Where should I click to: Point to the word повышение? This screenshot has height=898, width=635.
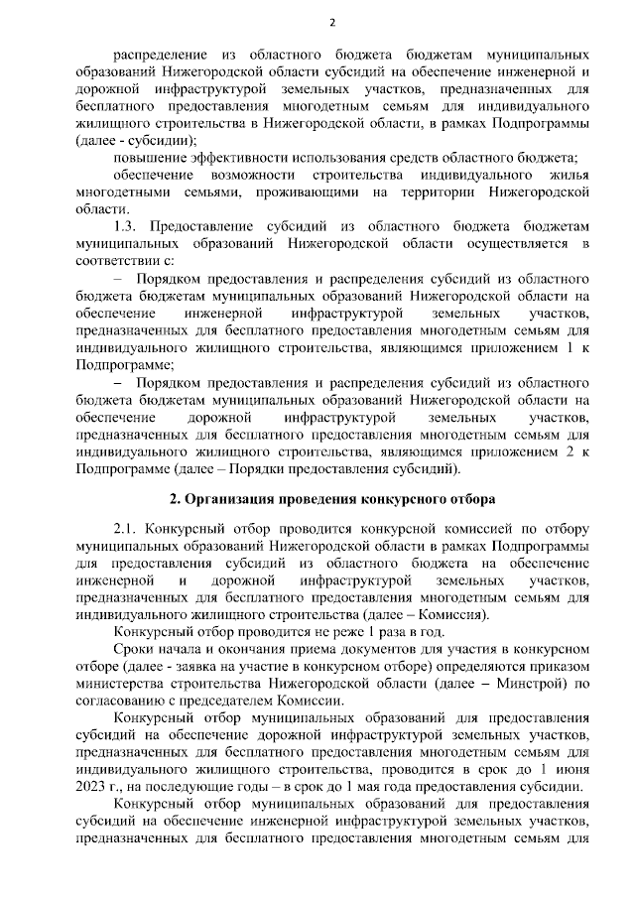147,158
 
